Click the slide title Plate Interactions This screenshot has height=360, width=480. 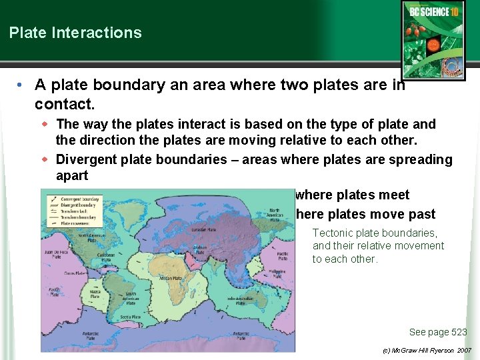[x=75, y=33]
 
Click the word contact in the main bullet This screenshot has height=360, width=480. [x=64, y=105]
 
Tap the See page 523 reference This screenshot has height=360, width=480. [x=437, y=332]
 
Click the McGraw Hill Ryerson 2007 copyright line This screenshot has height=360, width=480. [x=427, y=350]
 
